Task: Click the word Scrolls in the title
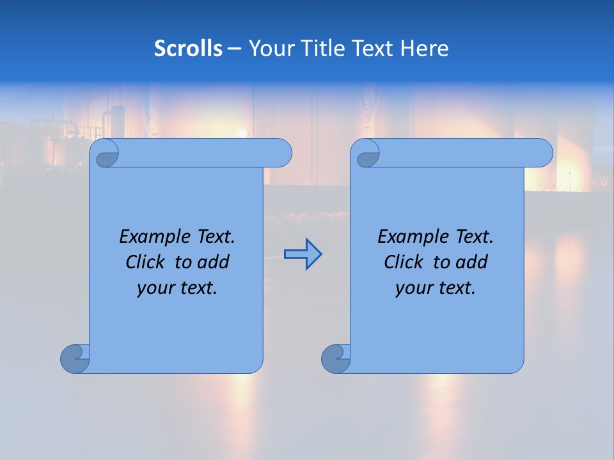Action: pyautogui.click(x=188, y=49)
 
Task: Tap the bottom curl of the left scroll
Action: pyautogui.click(x=75, y=358)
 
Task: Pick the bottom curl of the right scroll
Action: pyautogui.click(x=336, y=358)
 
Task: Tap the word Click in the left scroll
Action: pyautogui.click(x=140, y=262)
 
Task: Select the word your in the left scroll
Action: pyautogui.click(x=154, y=288)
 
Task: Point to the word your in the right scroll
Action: pyautogui.click(x=413, y=288)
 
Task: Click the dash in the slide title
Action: pyautogui.click(x=235, y=49)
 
